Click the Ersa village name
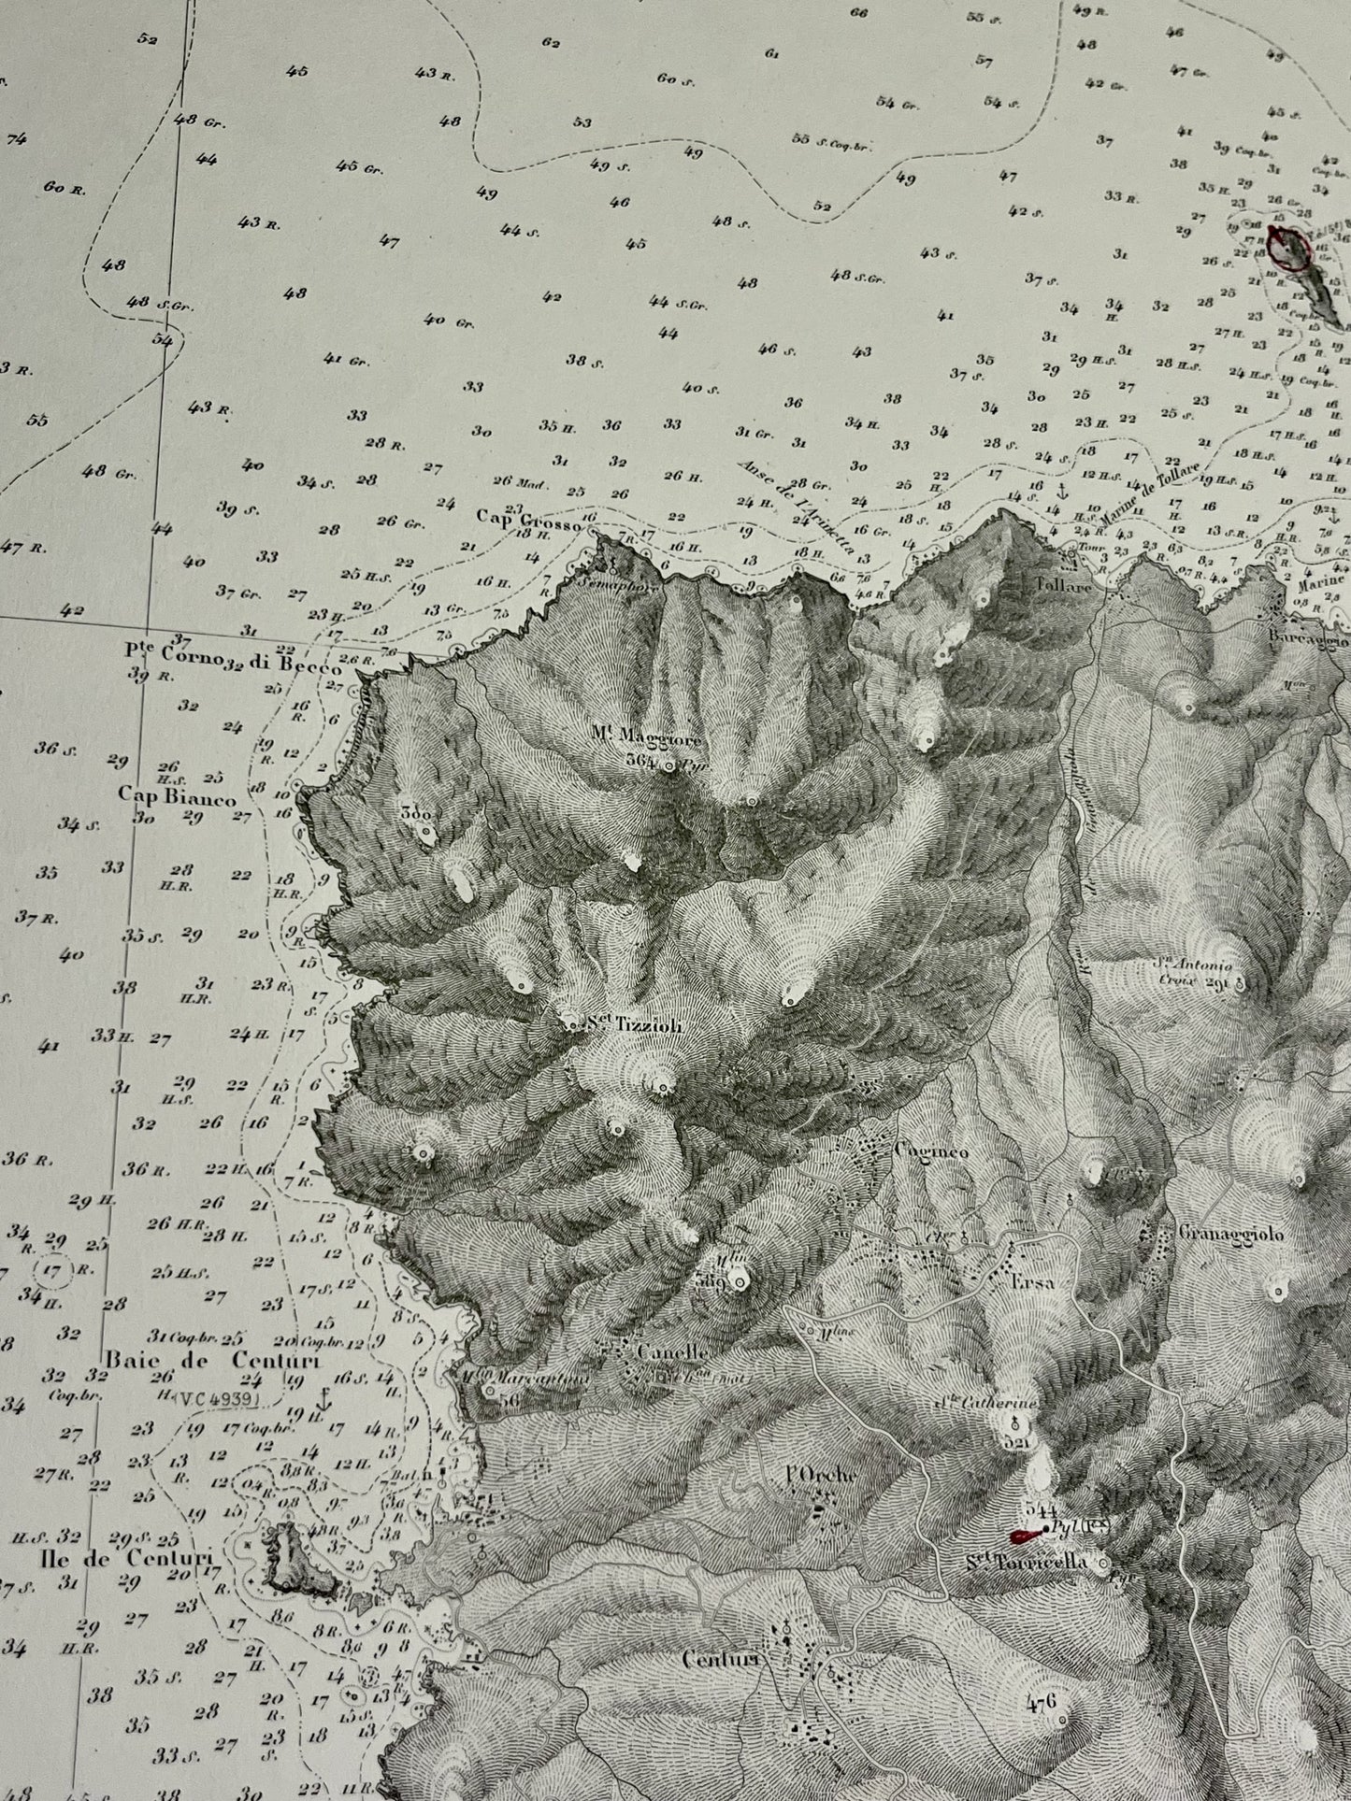(x=1032, y=1282)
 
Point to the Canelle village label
(x=669, y=1351)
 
